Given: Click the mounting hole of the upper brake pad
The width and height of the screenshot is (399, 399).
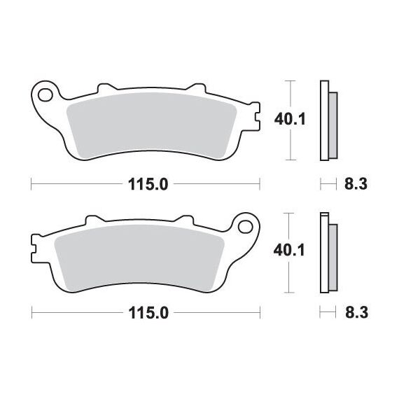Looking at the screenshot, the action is point(45,95).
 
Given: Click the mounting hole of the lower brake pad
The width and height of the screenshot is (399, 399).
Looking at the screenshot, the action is point(246,227).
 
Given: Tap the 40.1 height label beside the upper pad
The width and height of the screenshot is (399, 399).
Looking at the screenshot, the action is point(290,119).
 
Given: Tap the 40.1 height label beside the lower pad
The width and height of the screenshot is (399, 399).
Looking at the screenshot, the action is point(289,251).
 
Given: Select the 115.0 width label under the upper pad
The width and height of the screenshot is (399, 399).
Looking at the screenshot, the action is point(148,184).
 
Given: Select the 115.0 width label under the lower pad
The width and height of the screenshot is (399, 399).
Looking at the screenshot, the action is point(148,313).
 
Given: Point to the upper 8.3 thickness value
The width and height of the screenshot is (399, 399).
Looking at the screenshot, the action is point(356,183).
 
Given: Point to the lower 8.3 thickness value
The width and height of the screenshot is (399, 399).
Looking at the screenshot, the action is point(356,312).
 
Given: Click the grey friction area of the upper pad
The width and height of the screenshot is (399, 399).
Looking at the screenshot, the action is point(152,125).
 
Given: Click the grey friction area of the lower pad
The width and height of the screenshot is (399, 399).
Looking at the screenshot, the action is point(139,258).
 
